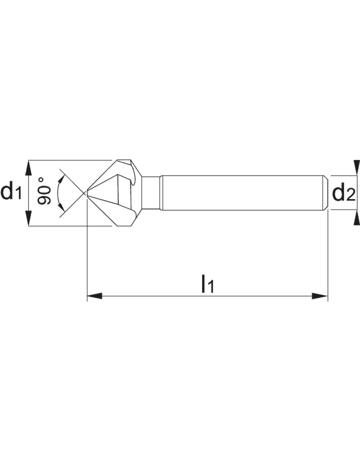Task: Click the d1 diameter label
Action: coord(11,192)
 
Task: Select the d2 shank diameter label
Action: coord(344,194)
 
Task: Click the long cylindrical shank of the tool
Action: coord(243,193)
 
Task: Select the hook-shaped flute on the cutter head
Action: coord(132,176)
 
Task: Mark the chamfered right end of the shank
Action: coord(326,193)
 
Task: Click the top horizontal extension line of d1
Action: coord(67,160)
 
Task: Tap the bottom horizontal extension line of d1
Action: coord(67,226)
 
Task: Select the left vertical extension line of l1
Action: coord(86,261)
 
